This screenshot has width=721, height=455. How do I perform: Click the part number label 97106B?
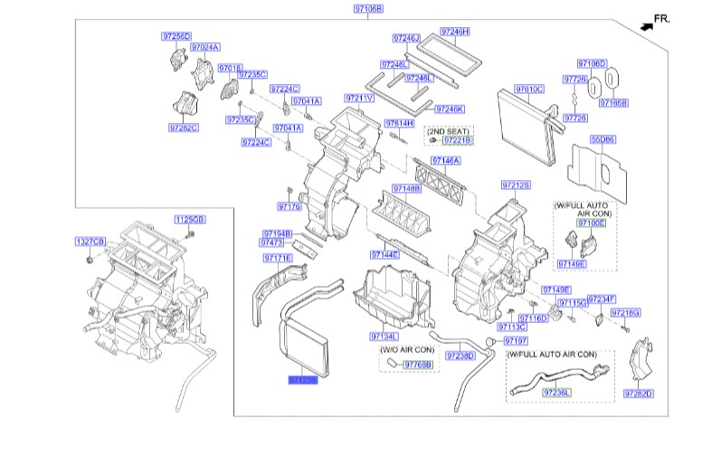pos(367,9)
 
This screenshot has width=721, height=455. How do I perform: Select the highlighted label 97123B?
pos(303,381)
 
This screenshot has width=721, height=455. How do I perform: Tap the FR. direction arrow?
pos(647,26)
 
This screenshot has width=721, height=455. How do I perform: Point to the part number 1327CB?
pos(90,242)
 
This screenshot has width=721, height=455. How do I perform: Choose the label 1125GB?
pos(190,220)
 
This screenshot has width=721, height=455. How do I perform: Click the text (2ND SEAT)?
pos(447,131)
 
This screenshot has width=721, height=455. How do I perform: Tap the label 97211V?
pos(359,98)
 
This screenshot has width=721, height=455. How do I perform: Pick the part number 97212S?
pos(516,185)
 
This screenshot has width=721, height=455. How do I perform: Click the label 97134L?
pos(384,337)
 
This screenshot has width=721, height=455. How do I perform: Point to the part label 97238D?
pos(460,355)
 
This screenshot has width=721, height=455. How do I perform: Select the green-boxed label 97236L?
pos(557,393)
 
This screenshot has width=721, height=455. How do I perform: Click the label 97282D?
pos(639,393)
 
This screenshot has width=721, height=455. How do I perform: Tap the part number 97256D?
pos(176,36)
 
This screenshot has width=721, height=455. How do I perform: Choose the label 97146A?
pos(445,160)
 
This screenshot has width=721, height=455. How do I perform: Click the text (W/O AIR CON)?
pos(407,350)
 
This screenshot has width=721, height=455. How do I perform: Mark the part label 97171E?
pos(278,258)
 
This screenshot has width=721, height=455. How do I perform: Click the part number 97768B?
pos(418,364)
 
